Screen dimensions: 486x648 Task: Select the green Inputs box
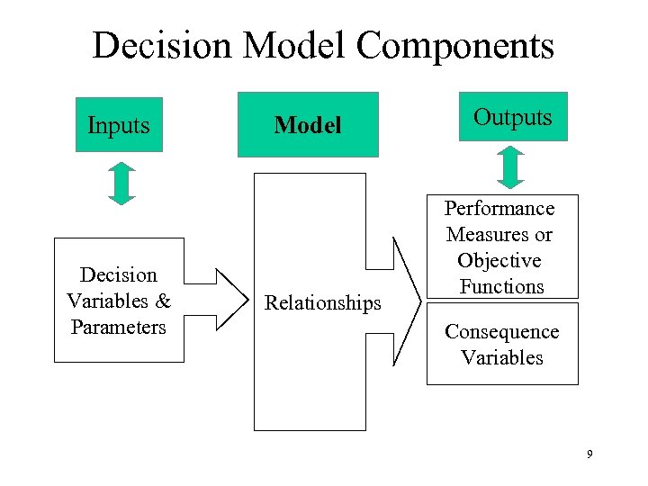[119, 125]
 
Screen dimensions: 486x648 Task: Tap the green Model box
[308, 125]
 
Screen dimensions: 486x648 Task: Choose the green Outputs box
[513, 117]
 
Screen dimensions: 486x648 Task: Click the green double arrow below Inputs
[121, 184]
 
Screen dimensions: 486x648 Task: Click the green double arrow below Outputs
[510, 166]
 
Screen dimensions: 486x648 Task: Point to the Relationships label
[322, 303]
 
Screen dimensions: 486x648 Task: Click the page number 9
[589, 454]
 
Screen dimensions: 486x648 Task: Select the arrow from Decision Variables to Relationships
[218, 300]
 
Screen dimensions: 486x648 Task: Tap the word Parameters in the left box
[119, 327]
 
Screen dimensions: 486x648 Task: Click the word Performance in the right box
[499, 209]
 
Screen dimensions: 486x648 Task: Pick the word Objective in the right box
[499, 261]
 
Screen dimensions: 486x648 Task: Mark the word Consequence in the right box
[501, 332]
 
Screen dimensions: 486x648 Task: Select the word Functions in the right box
[502, 287]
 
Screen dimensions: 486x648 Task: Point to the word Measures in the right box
[499, 235]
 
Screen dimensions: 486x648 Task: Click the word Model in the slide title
[311, 46]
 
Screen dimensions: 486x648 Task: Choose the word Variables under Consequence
[502, 357]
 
